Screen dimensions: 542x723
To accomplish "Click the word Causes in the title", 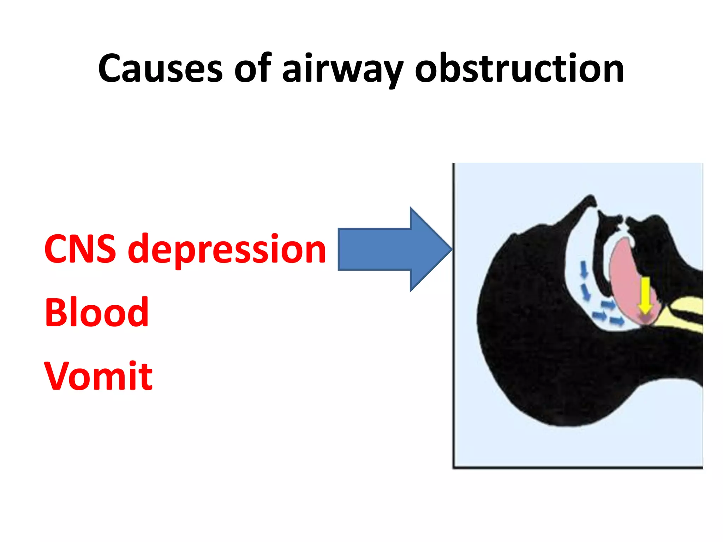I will point(160,68).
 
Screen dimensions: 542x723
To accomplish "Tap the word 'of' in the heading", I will point(252,68).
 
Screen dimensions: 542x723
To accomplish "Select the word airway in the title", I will point(342,68).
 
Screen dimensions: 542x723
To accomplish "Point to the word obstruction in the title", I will point(519,68).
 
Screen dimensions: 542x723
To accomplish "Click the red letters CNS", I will point(80,249).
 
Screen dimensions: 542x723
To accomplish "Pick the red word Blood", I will point(96,312).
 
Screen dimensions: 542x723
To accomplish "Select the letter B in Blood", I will point(56,312).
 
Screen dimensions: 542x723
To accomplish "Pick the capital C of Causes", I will point(112,68).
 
